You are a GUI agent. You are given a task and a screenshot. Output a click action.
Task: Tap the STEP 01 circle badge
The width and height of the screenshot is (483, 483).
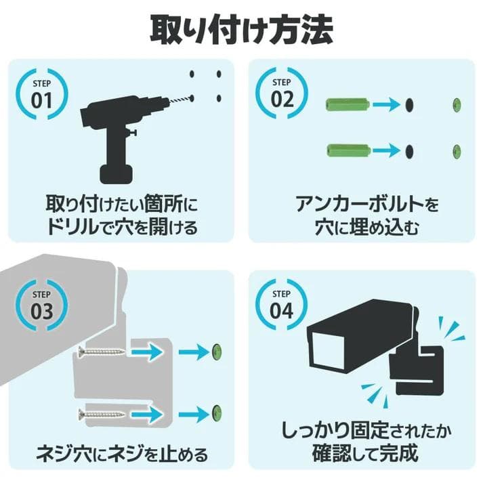tap(41, 94)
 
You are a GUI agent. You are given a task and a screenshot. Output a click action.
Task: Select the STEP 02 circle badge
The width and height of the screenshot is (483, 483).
tap(281, 94)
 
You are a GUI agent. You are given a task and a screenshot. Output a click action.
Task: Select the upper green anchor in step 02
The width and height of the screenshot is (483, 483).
tap(345, 105)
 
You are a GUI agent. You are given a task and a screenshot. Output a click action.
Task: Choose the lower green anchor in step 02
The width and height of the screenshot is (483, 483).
tap(345, 149)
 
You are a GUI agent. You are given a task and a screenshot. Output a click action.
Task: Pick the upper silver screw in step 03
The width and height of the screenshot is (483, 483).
tap(102, 352)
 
